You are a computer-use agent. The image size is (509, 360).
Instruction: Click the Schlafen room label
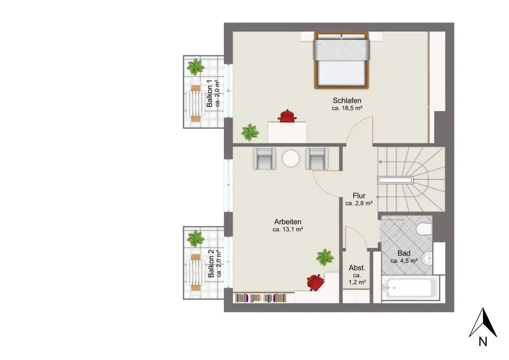(x=347, y=100)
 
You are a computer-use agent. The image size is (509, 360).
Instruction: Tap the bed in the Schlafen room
(x=342, y=60)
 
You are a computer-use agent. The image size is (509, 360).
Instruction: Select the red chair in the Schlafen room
(x=287, y=116)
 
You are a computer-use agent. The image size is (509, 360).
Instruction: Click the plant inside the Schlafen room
(x=250, y=132)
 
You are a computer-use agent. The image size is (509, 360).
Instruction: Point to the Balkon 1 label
(x=210, y=93)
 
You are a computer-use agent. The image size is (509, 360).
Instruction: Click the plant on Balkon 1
(x=195, y=67)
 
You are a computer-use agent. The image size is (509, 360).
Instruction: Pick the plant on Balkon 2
(x=195, y=239)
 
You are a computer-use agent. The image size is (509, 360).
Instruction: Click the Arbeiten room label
(x=288, y=222)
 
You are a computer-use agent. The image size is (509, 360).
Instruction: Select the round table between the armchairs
(x=291, y=159)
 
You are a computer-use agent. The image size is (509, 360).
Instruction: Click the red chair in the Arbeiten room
(x=315, y=282)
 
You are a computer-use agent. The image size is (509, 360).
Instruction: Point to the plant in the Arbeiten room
(x=325, y=258)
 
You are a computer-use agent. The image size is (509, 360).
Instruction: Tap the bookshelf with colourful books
(x=261, y=298)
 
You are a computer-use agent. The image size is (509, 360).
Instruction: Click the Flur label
(x=359, y=196)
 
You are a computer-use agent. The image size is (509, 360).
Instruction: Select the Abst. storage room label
(x=357, y=268)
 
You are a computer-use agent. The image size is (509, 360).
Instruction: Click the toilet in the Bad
(x=424, y=229)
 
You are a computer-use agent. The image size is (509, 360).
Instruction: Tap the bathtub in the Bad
(x=409, y=287)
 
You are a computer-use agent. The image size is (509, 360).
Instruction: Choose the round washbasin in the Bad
(x=428, y=259)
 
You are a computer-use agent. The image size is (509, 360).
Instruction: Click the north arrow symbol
(x=483, y=322)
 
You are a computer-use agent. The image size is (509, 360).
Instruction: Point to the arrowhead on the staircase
(x=380, y=162)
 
